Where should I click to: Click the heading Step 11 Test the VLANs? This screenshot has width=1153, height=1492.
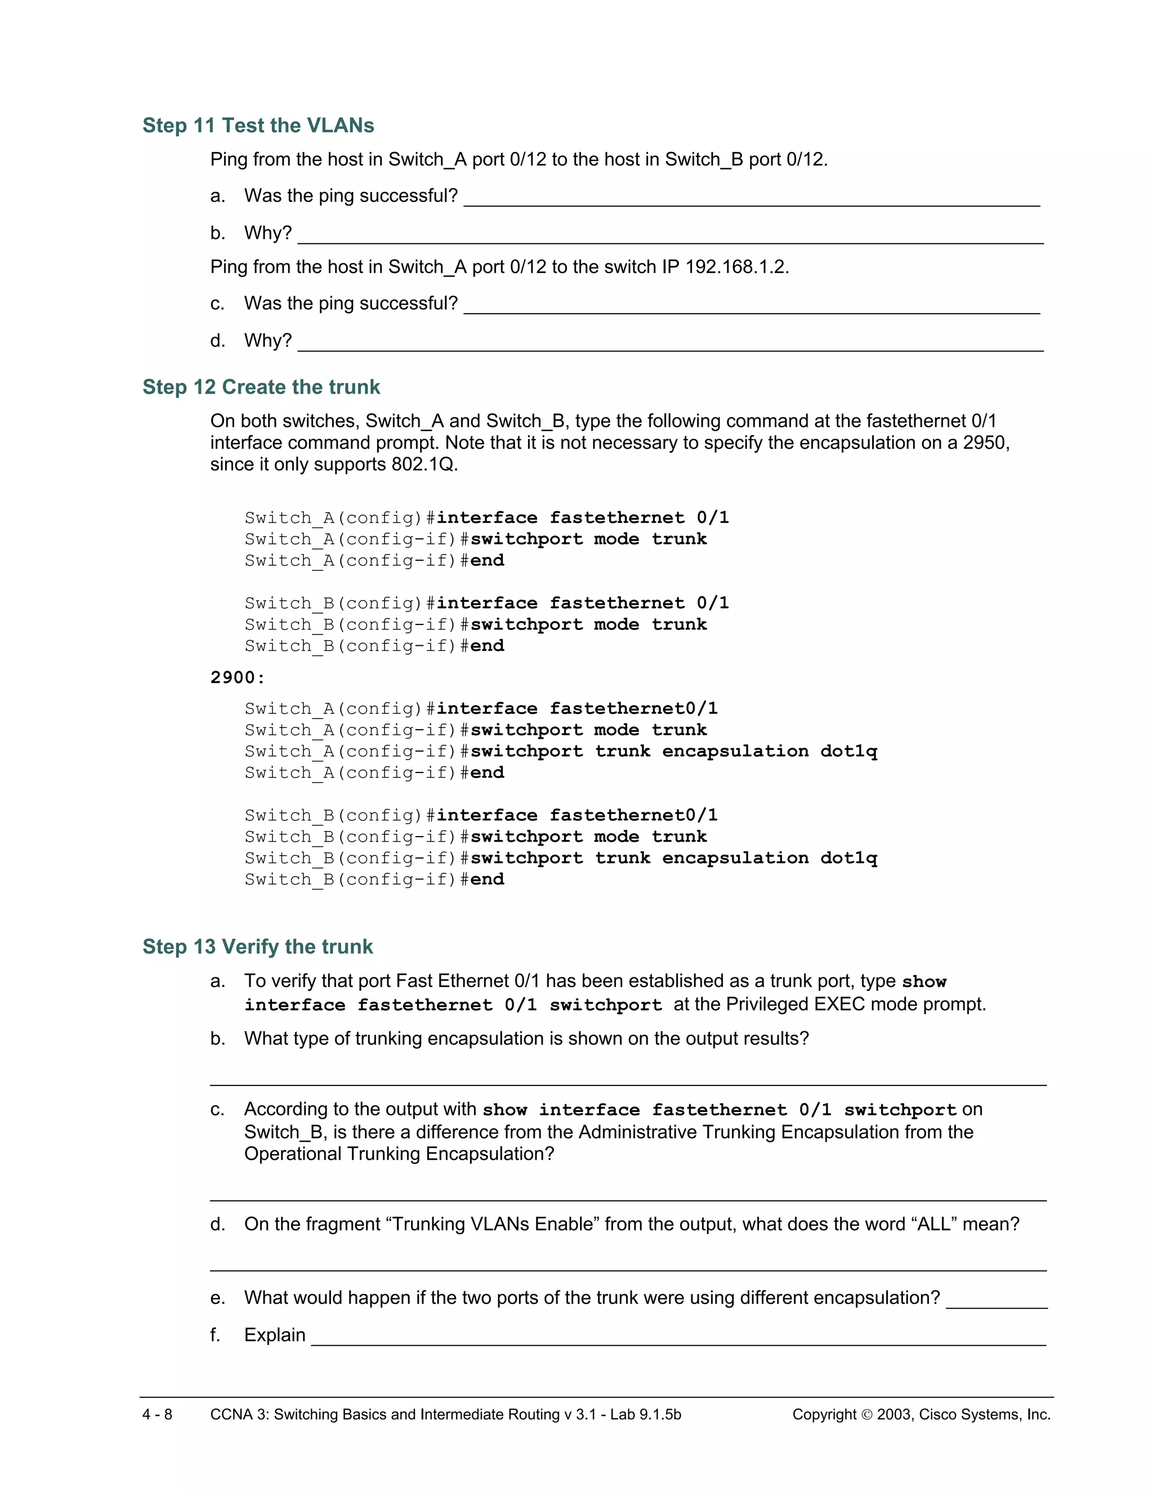coord(258,126)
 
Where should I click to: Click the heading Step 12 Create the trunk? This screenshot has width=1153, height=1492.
coord(261,387)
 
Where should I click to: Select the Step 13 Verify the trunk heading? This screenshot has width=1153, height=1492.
coord(257,947)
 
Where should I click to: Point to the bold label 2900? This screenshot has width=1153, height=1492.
coord(237,678)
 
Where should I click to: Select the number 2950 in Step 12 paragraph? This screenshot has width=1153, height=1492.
coord(984,443)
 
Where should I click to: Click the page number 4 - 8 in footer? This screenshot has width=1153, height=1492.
coord(157,1414)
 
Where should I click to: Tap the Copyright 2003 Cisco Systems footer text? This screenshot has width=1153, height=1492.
coord(920,1414)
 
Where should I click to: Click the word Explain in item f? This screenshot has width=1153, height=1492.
coord(275,1335)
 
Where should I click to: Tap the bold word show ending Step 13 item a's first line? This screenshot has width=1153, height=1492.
coord(924,982)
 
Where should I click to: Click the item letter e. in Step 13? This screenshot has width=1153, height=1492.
coord(217,1298)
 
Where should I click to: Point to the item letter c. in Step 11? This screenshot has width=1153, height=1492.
coord(217,303)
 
